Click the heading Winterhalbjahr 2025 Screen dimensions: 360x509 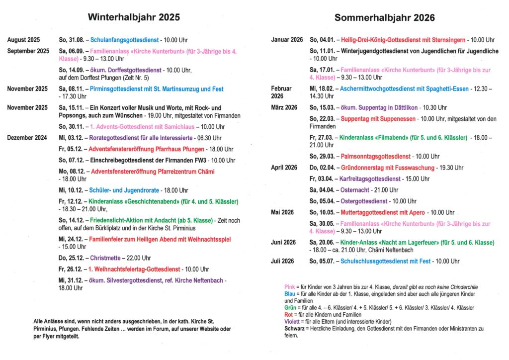pos(134,17)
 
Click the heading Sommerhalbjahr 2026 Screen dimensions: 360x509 pos(384,18)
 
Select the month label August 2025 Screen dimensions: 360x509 pos(24,40)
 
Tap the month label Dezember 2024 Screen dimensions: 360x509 pos(27,137)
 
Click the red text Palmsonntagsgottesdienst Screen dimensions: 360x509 pos(376,156)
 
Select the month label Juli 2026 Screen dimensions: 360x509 pos(282,261)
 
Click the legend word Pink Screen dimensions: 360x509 pos(289,287)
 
